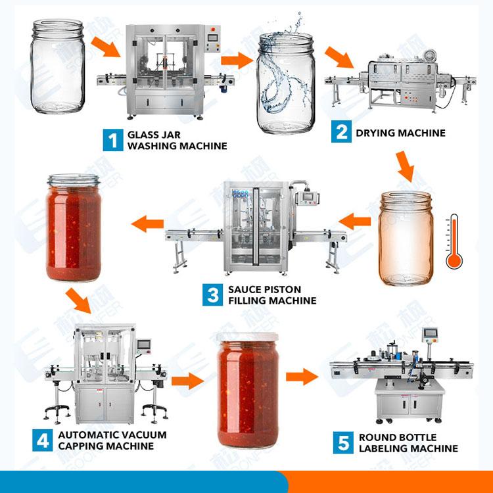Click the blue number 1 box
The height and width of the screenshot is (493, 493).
coord(113,140)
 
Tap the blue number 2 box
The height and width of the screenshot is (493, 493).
coord(342,132)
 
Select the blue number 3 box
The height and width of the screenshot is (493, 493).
coord(214,294)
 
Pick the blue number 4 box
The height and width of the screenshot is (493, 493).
coord(43,440)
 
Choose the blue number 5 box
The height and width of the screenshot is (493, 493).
coord(343,442)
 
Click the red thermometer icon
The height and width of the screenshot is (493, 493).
coord(454,244)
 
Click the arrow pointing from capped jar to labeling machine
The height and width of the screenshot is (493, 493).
coord(302,377)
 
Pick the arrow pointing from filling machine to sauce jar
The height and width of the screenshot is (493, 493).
coord(148,225)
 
